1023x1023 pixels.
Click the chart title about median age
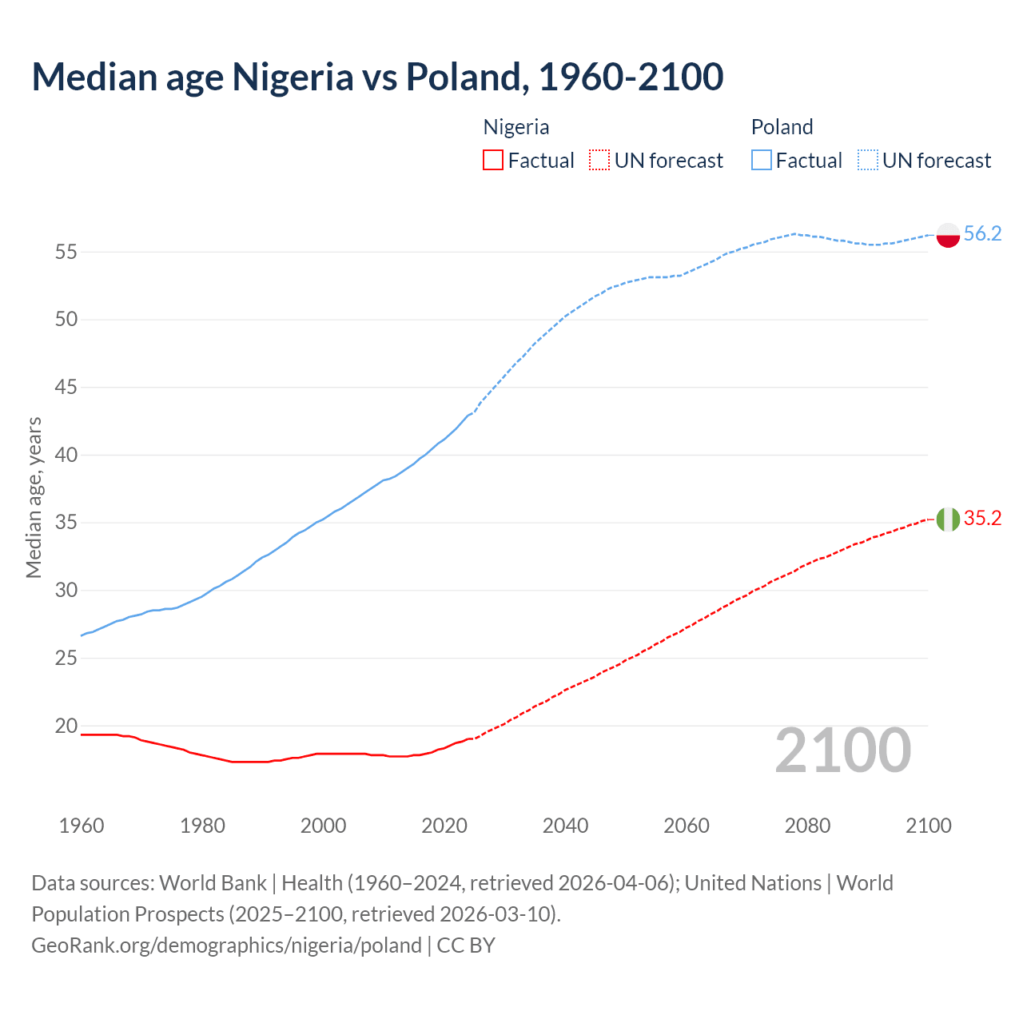tap(377, 77)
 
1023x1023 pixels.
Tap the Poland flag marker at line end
tap(947, 234)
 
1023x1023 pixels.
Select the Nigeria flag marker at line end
tap(947, 519)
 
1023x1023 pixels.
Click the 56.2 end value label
tap(982, 233)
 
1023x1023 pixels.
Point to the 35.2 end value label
tap(982, 518)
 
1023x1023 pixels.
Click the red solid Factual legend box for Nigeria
tap(493, 161)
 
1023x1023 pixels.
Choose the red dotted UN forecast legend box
tap(599, 161)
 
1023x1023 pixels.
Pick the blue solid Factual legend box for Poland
tap(761, 161)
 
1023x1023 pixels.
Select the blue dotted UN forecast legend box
tap(867, 161)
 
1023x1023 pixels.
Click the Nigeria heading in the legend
tap(516, 127)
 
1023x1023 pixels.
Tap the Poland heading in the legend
tap(782, 127)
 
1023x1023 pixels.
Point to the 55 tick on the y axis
tap(66, 252)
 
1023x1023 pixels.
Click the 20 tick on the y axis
tap(66, 726)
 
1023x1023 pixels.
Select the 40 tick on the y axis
tap(66, 455)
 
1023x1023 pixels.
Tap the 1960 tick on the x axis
tap(82, 826)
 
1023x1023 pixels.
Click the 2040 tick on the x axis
tap(565, 826)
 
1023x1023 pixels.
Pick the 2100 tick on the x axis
tap(928, 826)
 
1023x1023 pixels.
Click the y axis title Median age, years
tap(34, 497)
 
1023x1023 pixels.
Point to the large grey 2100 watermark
tap(842, 750)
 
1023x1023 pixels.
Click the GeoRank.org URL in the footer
tap(226, 945)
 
